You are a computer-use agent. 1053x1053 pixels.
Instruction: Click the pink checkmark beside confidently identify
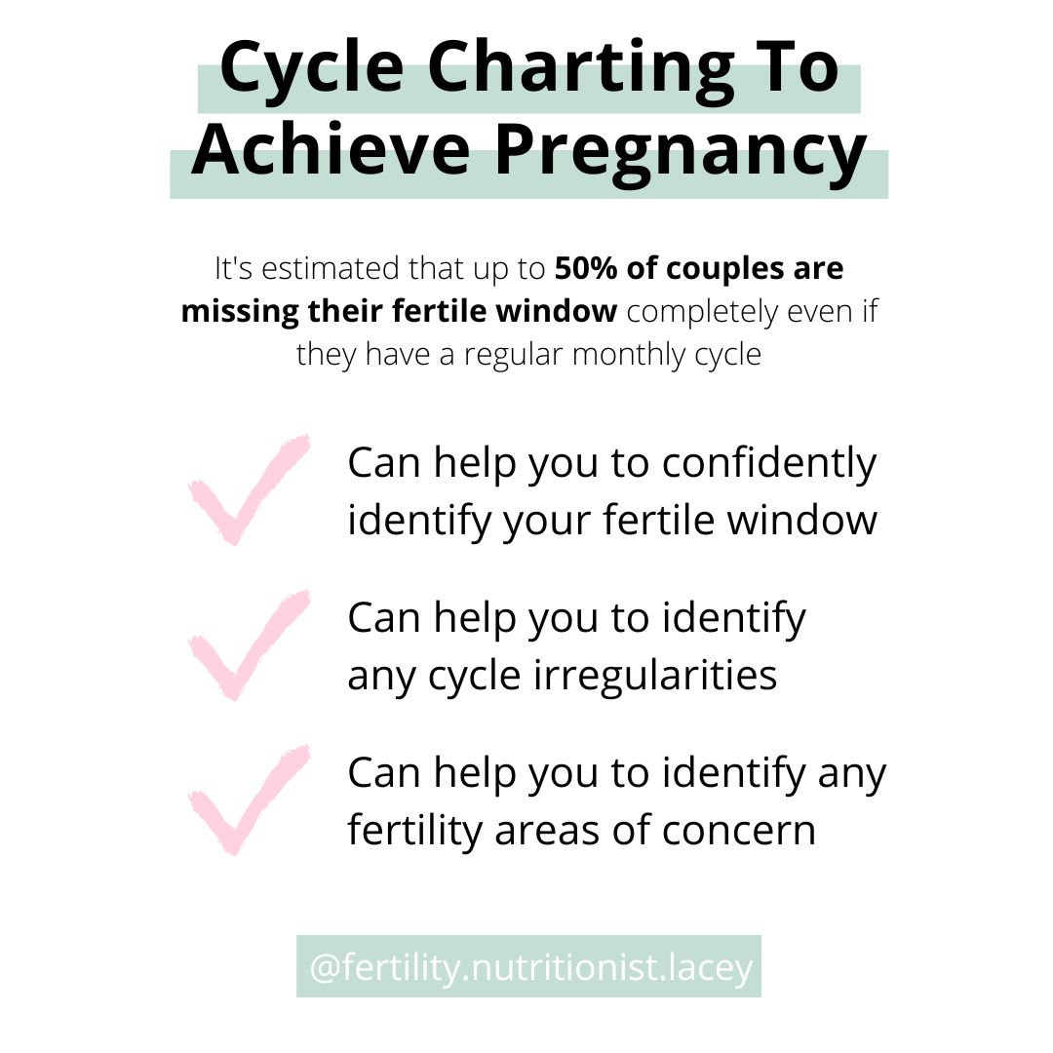[x=248, y=488]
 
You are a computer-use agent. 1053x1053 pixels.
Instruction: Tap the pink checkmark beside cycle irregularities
[x=248, y=643]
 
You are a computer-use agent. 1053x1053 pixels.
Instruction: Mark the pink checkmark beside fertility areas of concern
[x=248, y=799]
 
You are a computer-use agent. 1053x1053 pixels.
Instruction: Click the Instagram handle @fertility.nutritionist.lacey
[x=528, y=968]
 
